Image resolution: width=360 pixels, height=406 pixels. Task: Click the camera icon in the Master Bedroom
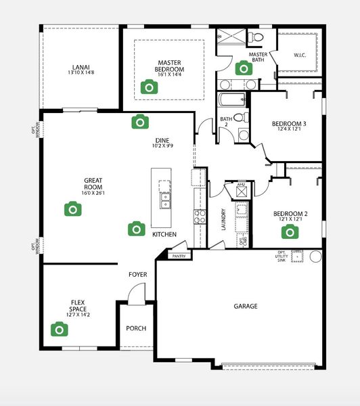pyautogui.click(x=148, y=87)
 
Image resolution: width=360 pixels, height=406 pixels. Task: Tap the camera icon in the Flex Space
pyautogui.click(x=60, y=329)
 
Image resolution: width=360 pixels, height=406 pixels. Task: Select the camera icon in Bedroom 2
pyautogui.click(x=290, y=232)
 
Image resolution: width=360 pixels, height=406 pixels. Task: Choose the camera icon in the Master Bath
pyautogui.click(x=243, y=68)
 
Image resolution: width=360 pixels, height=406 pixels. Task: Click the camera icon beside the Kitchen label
pyautogui.click(x=137, y=228)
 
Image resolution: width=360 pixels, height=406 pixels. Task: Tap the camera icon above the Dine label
pyautogui.click(x=140, y=121)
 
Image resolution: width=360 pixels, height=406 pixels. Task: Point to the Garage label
pyautogui.click(x=246, y=307)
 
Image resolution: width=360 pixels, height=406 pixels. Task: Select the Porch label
pyautogui.click(x=136, y=328)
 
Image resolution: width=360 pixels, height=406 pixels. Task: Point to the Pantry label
pyautogui.click(x=179, y=256)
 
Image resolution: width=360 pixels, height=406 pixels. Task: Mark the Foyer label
pyautogui.click(x=138, y=275)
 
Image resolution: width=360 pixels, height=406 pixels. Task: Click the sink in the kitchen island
pyautogui.click(x=164, y=200)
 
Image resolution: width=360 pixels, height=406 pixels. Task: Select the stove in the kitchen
pyautogui.click(x=200, y=217)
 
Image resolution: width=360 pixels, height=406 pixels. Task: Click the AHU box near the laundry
pyautogui.click(x=240, y=191)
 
